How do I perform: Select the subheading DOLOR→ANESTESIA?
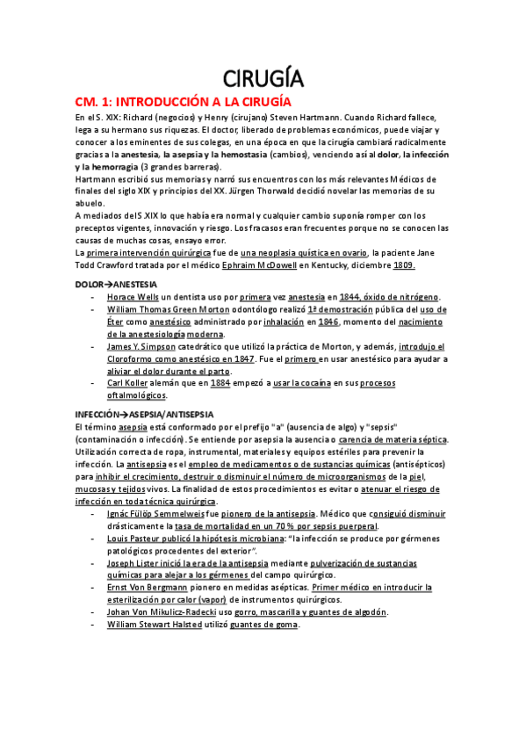pyautogui.click(x=116, y=285)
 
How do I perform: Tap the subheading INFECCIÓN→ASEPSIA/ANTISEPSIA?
pyautogui.click(x=144, y=414)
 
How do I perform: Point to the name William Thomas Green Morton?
pyautogui.click(x=162, y=310)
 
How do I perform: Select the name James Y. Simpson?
pyautogui.click(x=140, y=347)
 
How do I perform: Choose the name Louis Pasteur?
pyautogui.click(x=135, y=539)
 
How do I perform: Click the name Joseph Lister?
pyautogui.click(x=133, y=563)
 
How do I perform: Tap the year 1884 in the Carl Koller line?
pyautogui.click(x=220, y=383)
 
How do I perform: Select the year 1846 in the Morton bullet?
pyautogui.click(x=328, y=322)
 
